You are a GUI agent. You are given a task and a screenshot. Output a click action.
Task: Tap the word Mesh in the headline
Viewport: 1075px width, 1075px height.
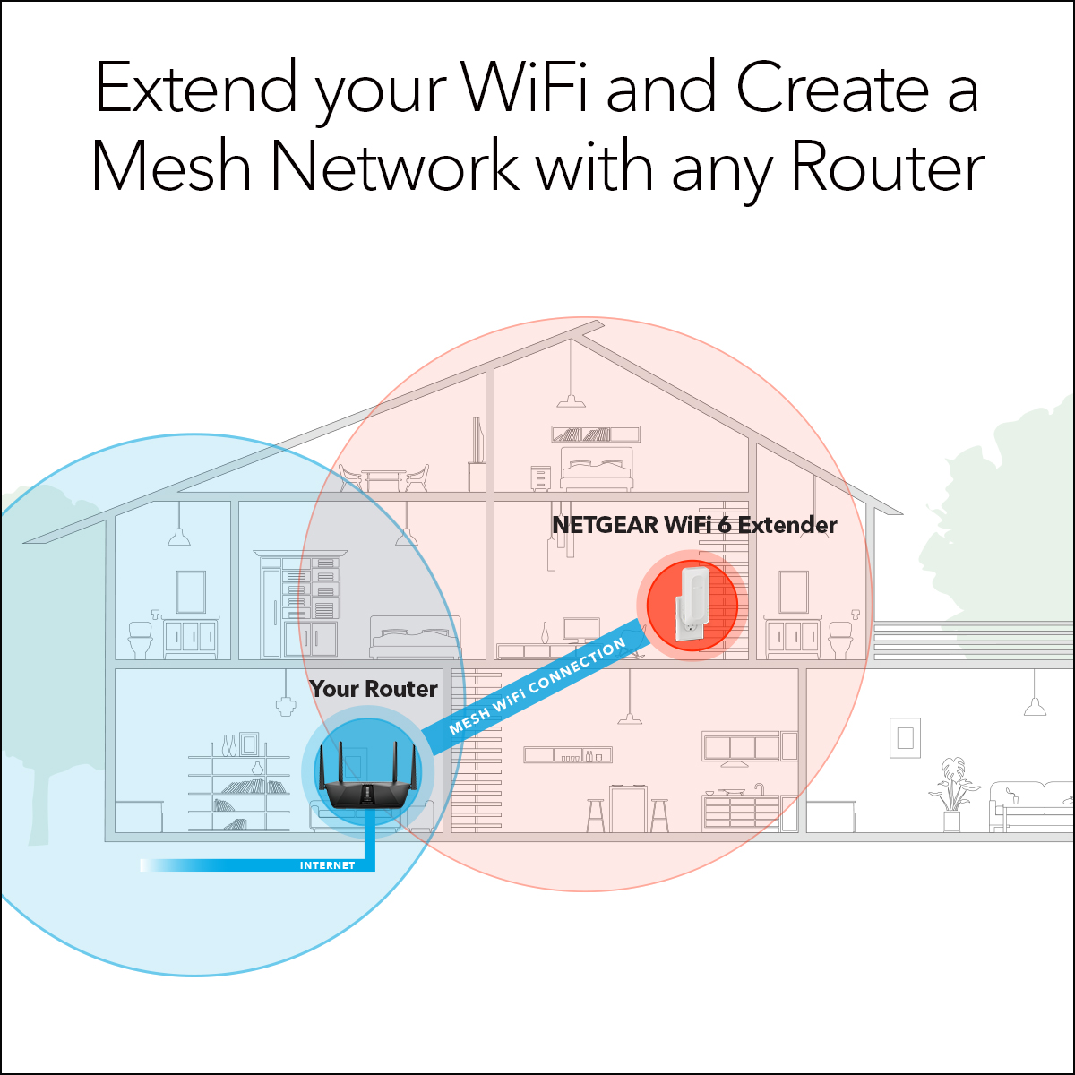[171, 166]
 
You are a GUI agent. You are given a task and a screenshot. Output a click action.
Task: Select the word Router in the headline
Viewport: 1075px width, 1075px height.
[887, 167]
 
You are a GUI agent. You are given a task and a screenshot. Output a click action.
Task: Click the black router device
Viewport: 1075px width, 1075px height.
[367, 782]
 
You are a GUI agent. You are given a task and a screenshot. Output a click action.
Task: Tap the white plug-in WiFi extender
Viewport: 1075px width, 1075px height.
[692, 605]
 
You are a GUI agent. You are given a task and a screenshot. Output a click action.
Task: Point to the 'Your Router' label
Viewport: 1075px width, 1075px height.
[374, 690]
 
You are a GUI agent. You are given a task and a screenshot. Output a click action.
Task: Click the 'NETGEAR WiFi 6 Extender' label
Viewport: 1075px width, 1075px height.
[694, 525]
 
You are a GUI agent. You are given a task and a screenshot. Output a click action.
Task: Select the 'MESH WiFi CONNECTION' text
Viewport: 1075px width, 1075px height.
[537, 685]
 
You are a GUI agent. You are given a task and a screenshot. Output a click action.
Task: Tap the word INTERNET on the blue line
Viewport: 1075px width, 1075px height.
[328, 865]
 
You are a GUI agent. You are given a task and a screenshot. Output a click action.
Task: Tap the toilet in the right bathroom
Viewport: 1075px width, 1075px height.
[840, 640]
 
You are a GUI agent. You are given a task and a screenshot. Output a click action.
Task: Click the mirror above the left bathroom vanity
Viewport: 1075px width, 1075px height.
[192, 592]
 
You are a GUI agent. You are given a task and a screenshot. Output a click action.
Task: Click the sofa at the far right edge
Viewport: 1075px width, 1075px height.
[1031, 806]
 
